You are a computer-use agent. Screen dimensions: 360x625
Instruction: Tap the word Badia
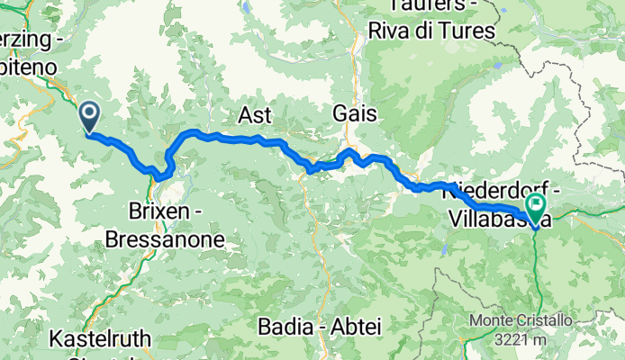tap(284, 325)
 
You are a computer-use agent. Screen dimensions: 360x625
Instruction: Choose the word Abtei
tap(353, 325)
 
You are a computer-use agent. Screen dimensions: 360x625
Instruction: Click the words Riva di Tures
tap(432, 31)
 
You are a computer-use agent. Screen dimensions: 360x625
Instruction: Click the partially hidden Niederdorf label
tap(491, 191)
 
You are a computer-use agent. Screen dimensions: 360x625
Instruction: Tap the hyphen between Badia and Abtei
tap(321, 325)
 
